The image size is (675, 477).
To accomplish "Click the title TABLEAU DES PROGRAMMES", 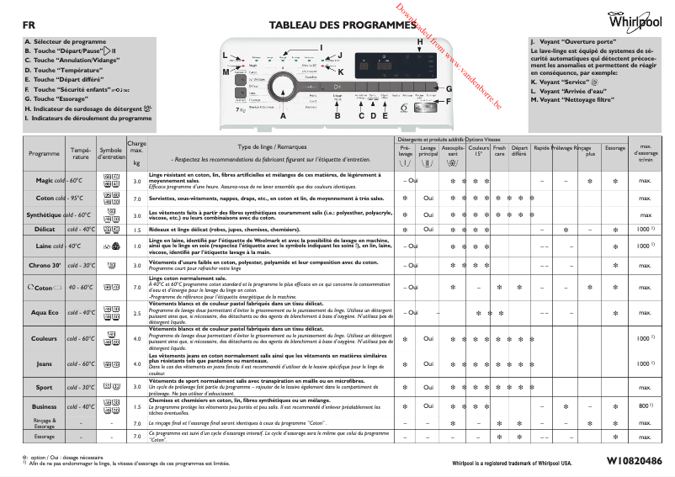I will pyautogui.click(x=337, y=25).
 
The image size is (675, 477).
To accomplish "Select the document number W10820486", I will pyautogui.click(x=628, y=461).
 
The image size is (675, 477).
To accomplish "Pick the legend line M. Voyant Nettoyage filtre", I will pyautogui.click(x=571, y=100).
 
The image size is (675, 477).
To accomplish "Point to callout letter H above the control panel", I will pyautogui.click(x=420, y=41).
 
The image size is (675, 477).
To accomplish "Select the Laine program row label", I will pyautogui.click(x=44, y=246).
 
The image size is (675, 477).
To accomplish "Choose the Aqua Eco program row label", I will pyautogui.click(x=44, y=312).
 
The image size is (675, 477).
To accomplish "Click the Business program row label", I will pyautogui.click(x=44, y=406).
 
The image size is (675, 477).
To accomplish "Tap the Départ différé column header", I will pyautogui.click(x=519, y=151).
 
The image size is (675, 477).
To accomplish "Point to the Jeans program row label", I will pyautogui.click(x=44, y=363).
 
